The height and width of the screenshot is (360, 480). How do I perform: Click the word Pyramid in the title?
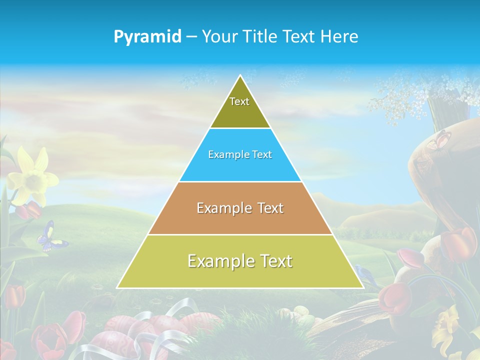coord(147,37)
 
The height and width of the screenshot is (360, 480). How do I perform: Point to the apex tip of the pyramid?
coord(240,76)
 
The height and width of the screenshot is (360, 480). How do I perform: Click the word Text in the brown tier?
coord(270,208)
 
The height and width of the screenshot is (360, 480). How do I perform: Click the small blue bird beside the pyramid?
coord(363,273)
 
